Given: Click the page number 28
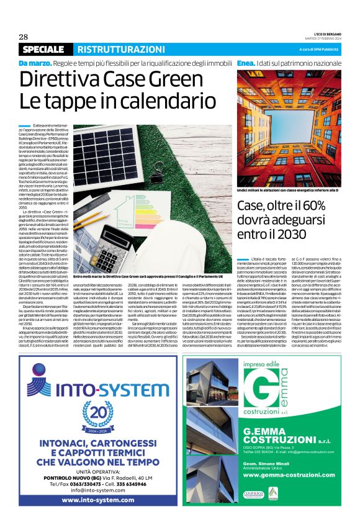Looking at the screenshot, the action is (x=24, y=36).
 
